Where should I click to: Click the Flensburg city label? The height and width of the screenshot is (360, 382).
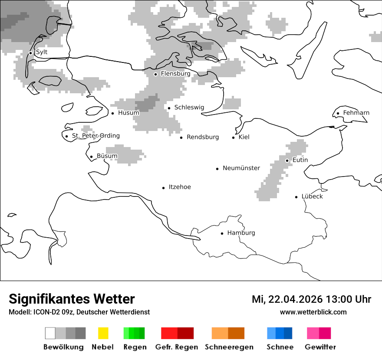click(175, 74)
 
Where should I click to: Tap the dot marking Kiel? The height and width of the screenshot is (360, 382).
click(234, 137)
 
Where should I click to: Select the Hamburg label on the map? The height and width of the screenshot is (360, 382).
click(241, 233)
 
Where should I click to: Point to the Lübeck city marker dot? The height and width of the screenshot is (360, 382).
click(296, 197)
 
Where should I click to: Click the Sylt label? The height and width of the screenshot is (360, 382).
click(42, 52)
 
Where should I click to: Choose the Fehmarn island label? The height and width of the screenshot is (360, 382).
click(356, 113)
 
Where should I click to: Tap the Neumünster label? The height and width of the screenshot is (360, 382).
click(241, 168)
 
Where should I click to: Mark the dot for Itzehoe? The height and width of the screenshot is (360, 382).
click(164, 188)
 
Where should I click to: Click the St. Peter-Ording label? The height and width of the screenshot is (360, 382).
click(95, 136)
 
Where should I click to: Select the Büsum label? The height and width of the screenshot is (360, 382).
click(107, 156)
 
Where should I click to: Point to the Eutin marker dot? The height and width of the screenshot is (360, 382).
click(287, 160)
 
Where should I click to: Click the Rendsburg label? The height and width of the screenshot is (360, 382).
click(203, 137)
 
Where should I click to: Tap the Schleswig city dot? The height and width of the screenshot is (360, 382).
click(169, 108)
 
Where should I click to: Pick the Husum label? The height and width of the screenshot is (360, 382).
click(128, 113)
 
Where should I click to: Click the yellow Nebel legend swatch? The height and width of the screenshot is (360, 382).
click(103, 333)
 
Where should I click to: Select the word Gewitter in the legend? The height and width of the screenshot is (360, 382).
click(320, 347)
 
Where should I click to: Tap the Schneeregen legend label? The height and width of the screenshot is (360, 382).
click(229, 347)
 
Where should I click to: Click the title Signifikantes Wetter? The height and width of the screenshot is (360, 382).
click(72, 299)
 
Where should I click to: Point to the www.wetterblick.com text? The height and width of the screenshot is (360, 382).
click(313, 312)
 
